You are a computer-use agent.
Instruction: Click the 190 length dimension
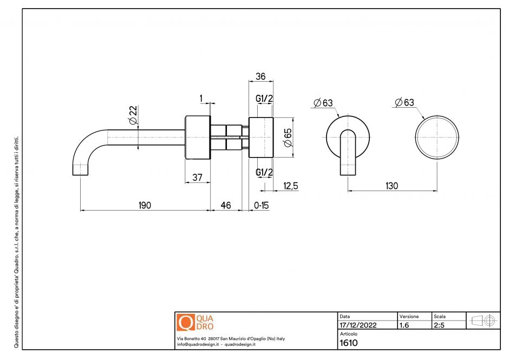click(x=145, y=205)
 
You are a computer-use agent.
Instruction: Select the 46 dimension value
click(x=226, y=205)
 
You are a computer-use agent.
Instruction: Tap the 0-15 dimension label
click(x=262, y=205)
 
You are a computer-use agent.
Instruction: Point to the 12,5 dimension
click(x=291, y=186)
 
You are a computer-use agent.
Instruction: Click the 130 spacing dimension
click(x=392, y=186)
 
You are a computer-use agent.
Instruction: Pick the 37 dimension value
click(x=197, y=177)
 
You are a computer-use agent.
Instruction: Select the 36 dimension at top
click(x=260, y=76)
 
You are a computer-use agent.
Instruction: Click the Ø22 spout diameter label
click(x=133, y=115)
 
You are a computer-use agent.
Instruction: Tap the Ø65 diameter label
click(x=288, y=138)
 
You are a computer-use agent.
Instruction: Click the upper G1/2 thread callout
click(x=264, y=99)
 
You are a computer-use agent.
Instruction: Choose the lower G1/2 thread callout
click(x=264, y=172)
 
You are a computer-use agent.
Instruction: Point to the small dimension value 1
click(x=201, y=98)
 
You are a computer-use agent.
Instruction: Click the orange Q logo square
click(x=186, y=322)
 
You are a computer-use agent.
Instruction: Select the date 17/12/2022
click(x=358, y=325)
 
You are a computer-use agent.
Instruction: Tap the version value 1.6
click(x=404, y=325)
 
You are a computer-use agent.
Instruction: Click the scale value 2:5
click(x=439, y=325)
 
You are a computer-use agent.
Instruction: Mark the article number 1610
click(x=349, y=343)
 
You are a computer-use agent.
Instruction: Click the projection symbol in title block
click(x=484, y=320)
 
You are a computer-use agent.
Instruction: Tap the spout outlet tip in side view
click(x=80, y=175)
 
